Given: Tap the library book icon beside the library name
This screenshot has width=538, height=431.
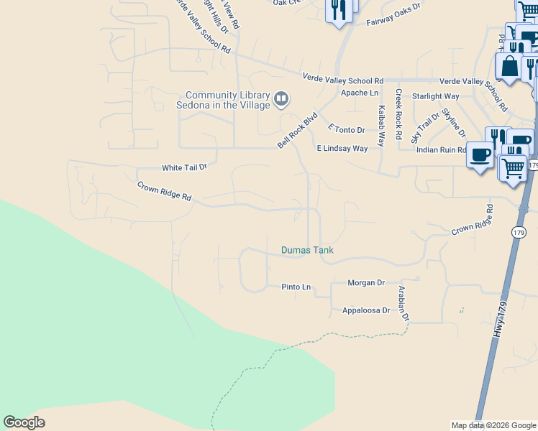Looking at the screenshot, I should pyautogui.click(x=282, y=98).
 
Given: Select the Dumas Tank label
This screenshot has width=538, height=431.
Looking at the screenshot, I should pyautogui.click(x=307, y=251).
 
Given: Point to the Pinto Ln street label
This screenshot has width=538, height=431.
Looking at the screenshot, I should pyautogui.click(x=296, y=287).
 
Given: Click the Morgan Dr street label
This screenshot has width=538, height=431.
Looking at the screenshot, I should pyautogui.click(x=366, y=283).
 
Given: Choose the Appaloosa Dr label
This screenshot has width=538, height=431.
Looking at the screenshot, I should pyautogui.click(x=360, y=311).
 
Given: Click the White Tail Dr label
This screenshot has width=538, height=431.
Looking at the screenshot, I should pyautogui.click(x=184, y=167).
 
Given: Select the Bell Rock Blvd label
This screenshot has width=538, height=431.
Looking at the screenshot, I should pyautogui.click(x=298, y=130).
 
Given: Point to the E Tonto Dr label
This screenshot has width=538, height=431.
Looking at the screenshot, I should pyautogui.click(x=347, y=130).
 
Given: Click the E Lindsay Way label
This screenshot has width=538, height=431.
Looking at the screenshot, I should pyautogui.click(x=342, y=149).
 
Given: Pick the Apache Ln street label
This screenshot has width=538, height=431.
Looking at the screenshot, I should pyautogui.click(x=359, y=93).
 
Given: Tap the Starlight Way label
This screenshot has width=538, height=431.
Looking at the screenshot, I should pyautogui.click(x=435, y=96).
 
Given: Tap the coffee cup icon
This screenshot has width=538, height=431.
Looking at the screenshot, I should pyautogui.click(x=480, y=154).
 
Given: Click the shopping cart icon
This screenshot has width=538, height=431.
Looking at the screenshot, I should pyautogui.click(x=513, y=168).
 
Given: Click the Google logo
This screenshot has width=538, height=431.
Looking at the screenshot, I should pyautogui.click(x=24, y=422).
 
